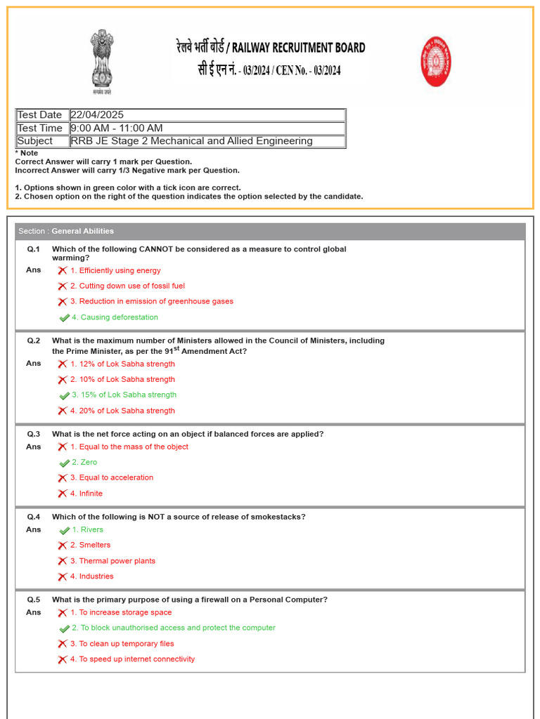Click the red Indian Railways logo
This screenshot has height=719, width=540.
tap(436, 62)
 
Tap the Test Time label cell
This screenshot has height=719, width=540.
tap(41, 128)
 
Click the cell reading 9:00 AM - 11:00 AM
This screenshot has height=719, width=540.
tap(117, 128)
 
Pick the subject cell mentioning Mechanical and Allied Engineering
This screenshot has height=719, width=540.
tap(192, 141)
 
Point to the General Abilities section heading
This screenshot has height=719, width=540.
tap(82, 231)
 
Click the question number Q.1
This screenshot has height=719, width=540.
tap(34, 249)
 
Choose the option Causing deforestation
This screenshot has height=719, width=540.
tap(115, 317)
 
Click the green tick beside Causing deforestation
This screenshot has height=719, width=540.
tap(64, 317)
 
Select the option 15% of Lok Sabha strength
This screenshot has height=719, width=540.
tap(124, 395)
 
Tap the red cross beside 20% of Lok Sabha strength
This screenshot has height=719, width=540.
tap(63, 411)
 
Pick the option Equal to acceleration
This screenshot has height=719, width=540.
tap(111, 478)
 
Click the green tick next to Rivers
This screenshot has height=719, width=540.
tap(64, 530)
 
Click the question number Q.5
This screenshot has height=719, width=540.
tap(34, 600)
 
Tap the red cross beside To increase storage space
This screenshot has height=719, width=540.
tap(63, 613)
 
